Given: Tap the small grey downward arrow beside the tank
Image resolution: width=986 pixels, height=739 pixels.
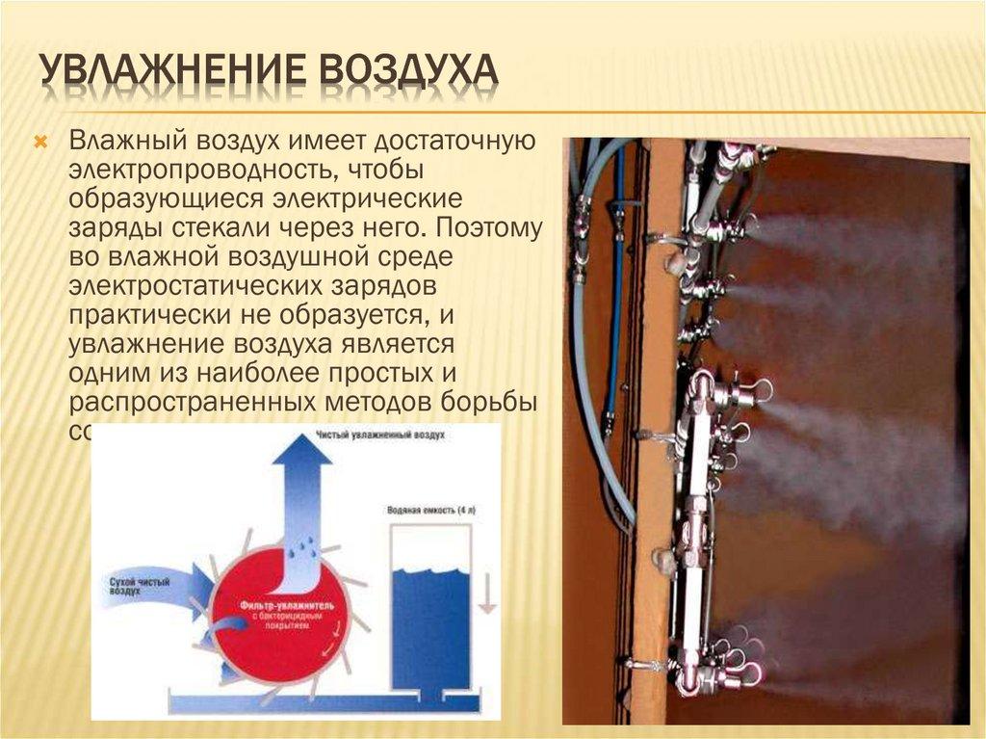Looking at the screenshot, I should tap(487, 593).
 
